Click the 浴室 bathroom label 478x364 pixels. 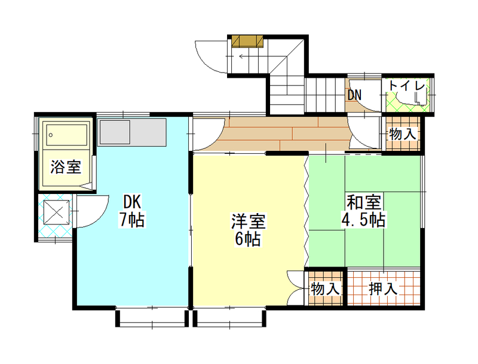(66, 167)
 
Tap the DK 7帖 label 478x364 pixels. (132, 211)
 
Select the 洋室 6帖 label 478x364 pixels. (248, 230)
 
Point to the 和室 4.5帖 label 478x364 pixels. (363, 211)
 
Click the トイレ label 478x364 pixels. (407, 86)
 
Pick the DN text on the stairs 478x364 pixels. (354, 95)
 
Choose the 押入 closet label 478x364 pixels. (383, 289)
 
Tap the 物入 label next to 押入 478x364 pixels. (325, 289)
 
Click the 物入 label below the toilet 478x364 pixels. (403, 134)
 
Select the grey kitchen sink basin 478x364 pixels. (115, 132)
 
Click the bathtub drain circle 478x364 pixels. (51, 135)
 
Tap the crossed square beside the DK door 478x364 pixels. (56, 212)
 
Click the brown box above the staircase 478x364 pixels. (247, 41)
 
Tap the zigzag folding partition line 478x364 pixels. (307, 211)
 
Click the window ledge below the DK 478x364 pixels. (152, 318)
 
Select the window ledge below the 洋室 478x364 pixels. (230, 318)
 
